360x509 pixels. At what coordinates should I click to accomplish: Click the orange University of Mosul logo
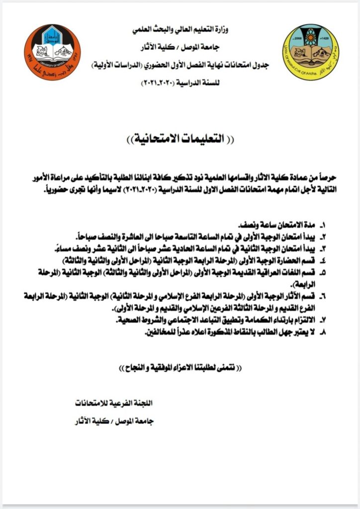point(52,52)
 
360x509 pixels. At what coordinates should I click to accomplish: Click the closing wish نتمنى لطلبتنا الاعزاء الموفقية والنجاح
point(181,368)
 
